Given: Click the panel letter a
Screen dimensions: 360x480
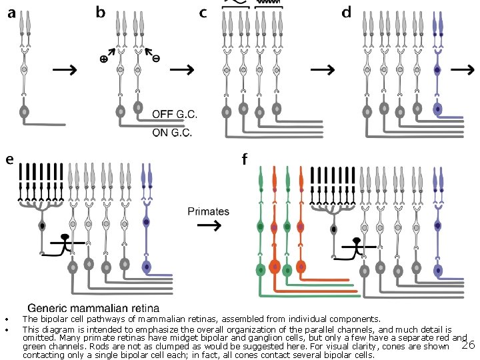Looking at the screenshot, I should (x=11, y=13).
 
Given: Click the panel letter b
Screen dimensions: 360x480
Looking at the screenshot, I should (x=101, y=12).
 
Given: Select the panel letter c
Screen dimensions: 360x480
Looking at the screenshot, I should (x=203, y=13).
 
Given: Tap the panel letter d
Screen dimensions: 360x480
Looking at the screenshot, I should (x=347, y=12).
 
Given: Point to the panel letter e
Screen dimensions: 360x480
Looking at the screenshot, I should (x=9, y=160).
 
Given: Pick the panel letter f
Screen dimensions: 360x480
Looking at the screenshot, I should (x=245, y=159).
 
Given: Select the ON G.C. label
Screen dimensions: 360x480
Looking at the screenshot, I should (x=172, y=132).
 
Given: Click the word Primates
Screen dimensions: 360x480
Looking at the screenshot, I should (x=209, y=211).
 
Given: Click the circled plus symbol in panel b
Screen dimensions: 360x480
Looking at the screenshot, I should (x=103, y=59).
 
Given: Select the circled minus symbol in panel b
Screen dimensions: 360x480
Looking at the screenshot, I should (x=156, y=59).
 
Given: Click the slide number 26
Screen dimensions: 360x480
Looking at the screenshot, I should (x=468, y=345).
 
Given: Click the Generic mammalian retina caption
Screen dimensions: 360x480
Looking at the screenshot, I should (x=93, y=308).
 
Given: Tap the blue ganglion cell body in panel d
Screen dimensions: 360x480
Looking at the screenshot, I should (x=438, y=109).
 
